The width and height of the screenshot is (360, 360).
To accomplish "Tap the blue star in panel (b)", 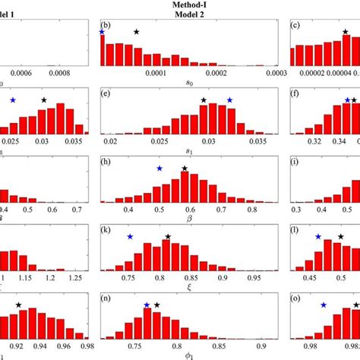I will pos(102,32).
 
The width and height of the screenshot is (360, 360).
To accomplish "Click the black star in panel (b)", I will pos(137,32).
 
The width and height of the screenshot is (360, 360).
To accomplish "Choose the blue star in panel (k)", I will pos(131,237).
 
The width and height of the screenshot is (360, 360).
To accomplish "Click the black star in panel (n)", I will pos(157,305).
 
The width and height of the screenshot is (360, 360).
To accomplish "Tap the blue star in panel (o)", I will pos(324,305).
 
